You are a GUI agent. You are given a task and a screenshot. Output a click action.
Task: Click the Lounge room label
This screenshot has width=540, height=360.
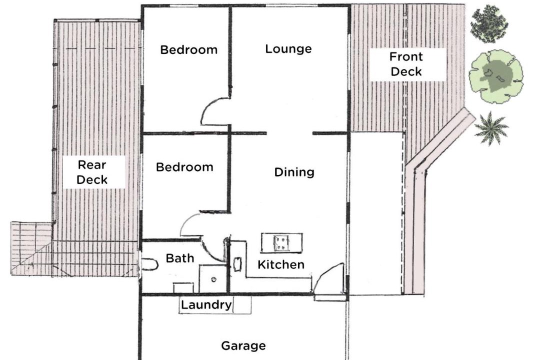[288, 49]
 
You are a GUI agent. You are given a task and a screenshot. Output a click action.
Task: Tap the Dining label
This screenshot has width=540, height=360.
[294, 172]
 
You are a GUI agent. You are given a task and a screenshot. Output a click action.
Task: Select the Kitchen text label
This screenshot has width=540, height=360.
[281, 264]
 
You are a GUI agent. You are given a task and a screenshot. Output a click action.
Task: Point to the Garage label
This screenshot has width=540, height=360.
[243, 345]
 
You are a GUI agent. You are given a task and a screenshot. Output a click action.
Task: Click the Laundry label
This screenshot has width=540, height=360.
[206, 305]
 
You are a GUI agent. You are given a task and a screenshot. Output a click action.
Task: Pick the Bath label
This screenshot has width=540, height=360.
[180, 258]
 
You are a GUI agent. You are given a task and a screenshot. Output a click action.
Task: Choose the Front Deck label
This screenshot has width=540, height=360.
[406, 64]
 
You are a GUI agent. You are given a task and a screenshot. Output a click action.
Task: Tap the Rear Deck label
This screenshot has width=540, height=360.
[92, 172]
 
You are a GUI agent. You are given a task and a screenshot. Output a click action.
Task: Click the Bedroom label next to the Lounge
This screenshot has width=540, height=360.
[188, 50]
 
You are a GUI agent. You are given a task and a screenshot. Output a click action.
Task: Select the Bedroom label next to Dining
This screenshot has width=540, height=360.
[184, 167]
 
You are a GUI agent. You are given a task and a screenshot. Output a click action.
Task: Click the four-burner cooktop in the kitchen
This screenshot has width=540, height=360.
[280, 242]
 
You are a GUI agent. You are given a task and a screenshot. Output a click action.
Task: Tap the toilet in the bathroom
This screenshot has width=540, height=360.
[150, 264]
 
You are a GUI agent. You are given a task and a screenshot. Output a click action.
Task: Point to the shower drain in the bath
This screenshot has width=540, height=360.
[213, 279]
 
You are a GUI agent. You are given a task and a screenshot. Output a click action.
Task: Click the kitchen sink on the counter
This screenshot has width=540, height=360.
[237, 264]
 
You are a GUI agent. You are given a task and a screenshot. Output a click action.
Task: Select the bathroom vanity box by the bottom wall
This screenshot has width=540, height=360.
[183, 288]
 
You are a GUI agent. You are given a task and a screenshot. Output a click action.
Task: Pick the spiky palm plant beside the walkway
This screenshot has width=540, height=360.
[491, 128]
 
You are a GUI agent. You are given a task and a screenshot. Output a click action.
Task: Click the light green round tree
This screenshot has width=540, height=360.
[496, 76]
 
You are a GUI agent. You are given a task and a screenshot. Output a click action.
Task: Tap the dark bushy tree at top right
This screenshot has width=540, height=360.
[489, 24]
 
